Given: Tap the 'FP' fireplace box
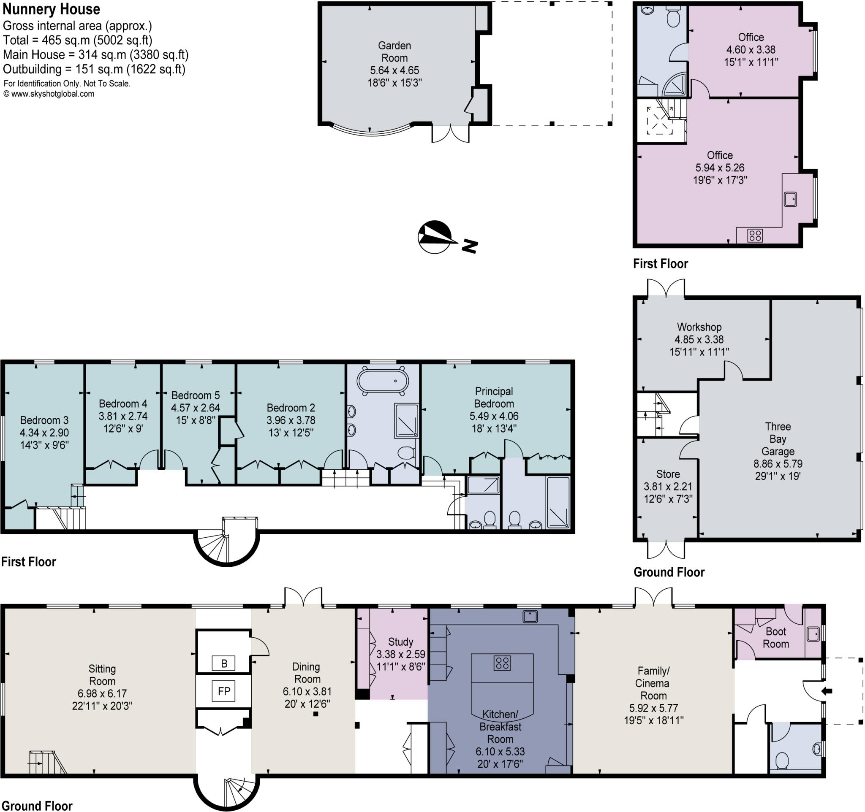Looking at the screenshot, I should coord(224,691).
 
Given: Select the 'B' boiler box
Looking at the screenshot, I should coord(224,663).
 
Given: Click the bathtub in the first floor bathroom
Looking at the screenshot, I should coord(383,381).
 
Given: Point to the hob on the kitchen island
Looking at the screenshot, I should coord(502,663).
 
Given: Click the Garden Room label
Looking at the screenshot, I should coord(394,51).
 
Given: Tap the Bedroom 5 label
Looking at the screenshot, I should coord(196,395).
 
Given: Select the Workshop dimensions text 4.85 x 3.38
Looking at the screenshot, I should coord(699,339).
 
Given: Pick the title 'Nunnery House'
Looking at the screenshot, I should coord(52,9).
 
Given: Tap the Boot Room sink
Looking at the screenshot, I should coord(813,634).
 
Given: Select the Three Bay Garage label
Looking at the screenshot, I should coord(778,438).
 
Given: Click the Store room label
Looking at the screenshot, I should coord(668,474).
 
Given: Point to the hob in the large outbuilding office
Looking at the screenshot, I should coord(755,235).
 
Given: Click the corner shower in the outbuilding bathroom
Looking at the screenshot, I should coord(677,86).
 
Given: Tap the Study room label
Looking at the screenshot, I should coord(400,641).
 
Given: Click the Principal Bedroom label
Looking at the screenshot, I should coord(494,397).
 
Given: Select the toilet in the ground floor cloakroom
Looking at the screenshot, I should coord(782,761).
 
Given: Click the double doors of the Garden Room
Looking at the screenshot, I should coord(450,133).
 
